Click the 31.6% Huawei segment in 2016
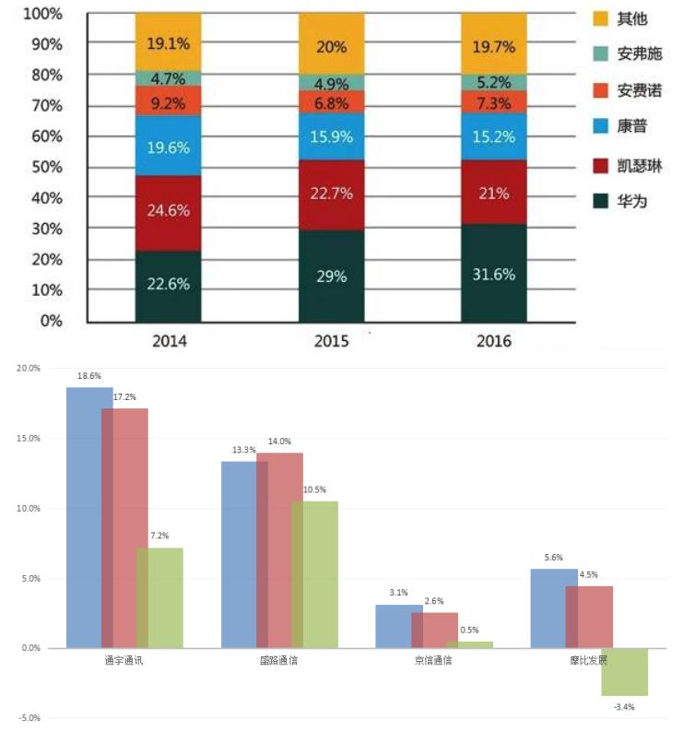pyautogui.click(x=493, y=274)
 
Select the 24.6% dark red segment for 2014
pyautogui.click(x=168, y=211)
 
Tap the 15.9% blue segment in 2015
pyautogui.click(x=331, y=136)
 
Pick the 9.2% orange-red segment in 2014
pyautogui.click(x=168, y=100)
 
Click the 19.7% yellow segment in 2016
pyautogui.click(x=493, y=42)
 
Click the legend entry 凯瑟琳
pyautogui.click(x=640, y=167)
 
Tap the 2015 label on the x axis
pyautogui.click(x=331, y=341)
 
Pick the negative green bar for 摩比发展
pyautogui.click(x=625, y=672)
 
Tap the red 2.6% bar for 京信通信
pyautogui.click(x=434, y=630)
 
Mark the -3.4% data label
pyautogui.click(x=623, y=707)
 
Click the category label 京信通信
pyautogui.click(x=433, y=661)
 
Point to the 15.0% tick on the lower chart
pyautogui.click(x=29, y=439)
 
